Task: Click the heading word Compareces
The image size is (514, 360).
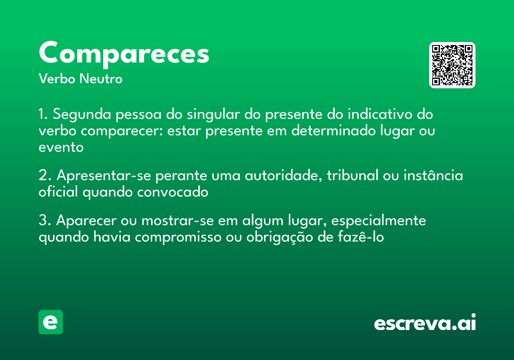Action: pyautogui.click(x=124, y=54)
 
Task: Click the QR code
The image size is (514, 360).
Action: pyautogui.click(x=452, y=65)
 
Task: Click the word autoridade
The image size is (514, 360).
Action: pyautogui.click(x=283, y=176)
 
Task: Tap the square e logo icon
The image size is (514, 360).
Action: pyautogui.click(x=51, y=322)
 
